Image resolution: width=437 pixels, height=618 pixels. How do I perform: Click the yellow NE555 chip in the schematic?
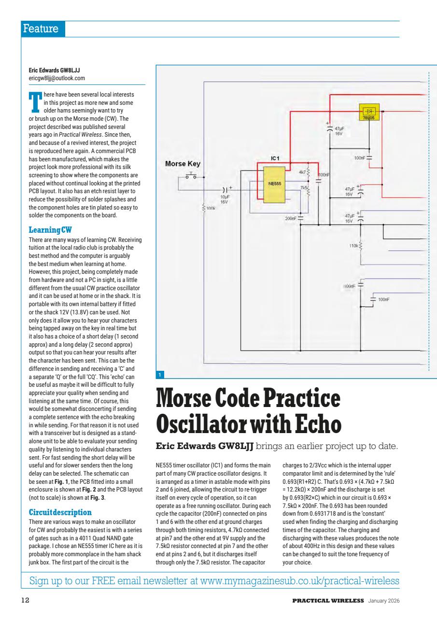tap(274, 184)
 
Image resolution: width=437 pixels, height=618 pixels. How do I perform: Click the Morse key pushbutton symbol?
tap(192, 176)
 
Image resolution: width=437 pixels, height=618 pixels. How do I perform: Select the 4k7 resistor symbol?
tap(308, 173)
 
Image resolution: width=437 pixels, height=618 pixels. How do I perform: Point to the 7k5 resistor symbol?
tap(308, 191)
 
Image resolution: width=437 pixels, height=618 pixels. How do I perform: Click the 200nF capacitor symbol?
tap(300, 218)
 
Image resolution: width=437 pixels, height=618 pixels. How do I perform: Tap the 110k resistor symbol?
tap(362, 246)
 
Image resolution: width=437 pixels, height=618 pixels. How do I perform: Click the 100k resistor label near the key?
tap(210, 208)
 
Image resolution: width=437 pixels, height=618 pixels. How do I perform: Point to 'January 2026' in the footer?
tap(384, 601)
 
